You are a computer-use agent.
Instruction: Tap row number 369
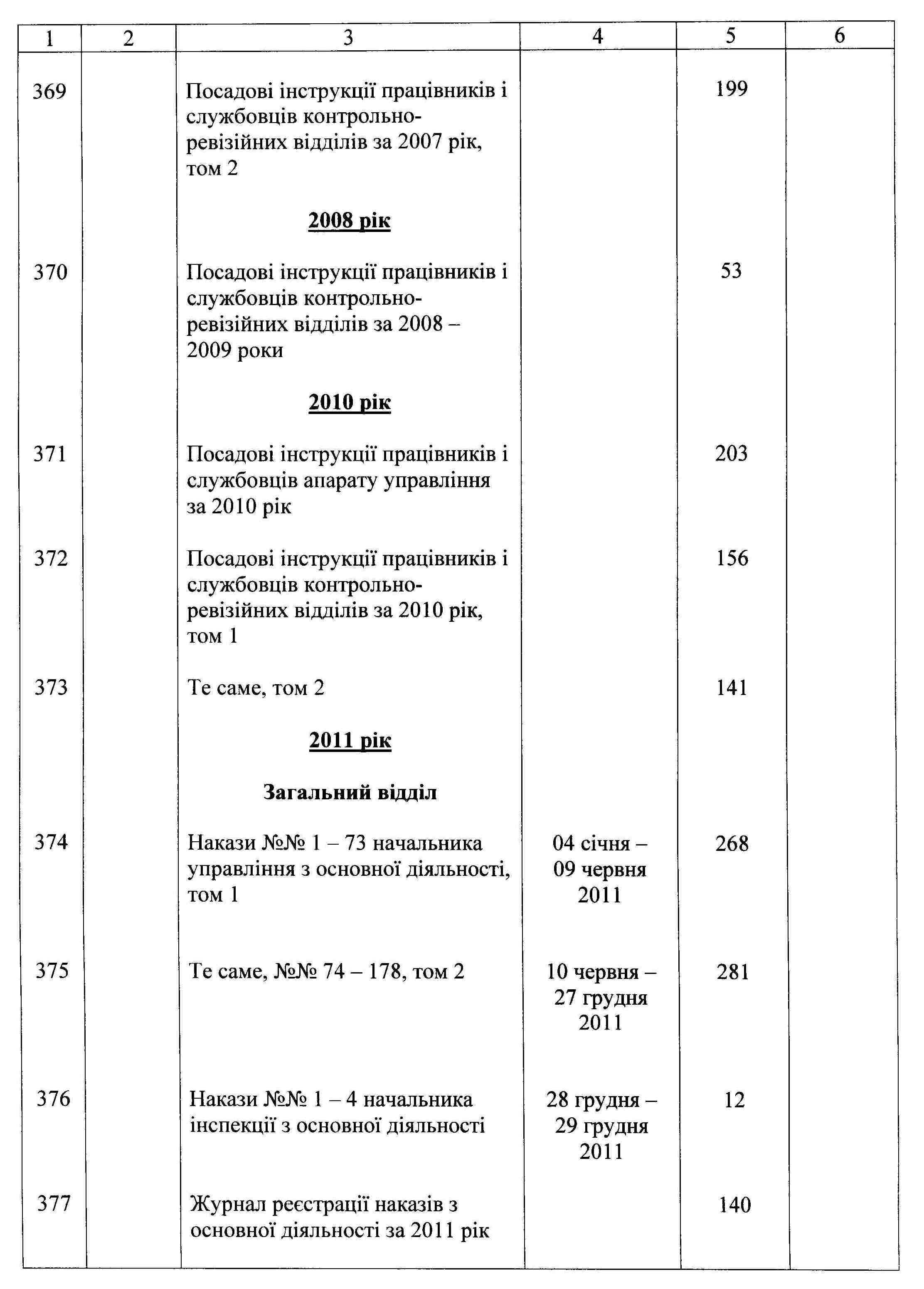[x=49, y=91]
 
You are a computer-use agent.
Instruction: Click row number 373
[x=51, y=688]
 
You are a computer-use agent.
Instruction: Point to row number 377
[x=54, y=1204]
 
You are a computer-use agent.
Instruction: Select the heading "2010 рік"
[x=350, y=402]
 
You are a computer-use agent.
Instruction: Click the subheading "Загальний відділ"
[x=350, y=792]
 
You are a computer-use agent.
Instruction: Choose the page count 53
[x=732, y=271]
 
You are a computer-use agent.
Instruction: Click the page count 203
[x=732, y=453]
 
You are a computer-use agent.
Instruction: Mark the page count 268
[x=732, y=844]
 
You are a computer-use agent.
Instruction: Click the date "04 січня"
[x=599, y=843]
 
